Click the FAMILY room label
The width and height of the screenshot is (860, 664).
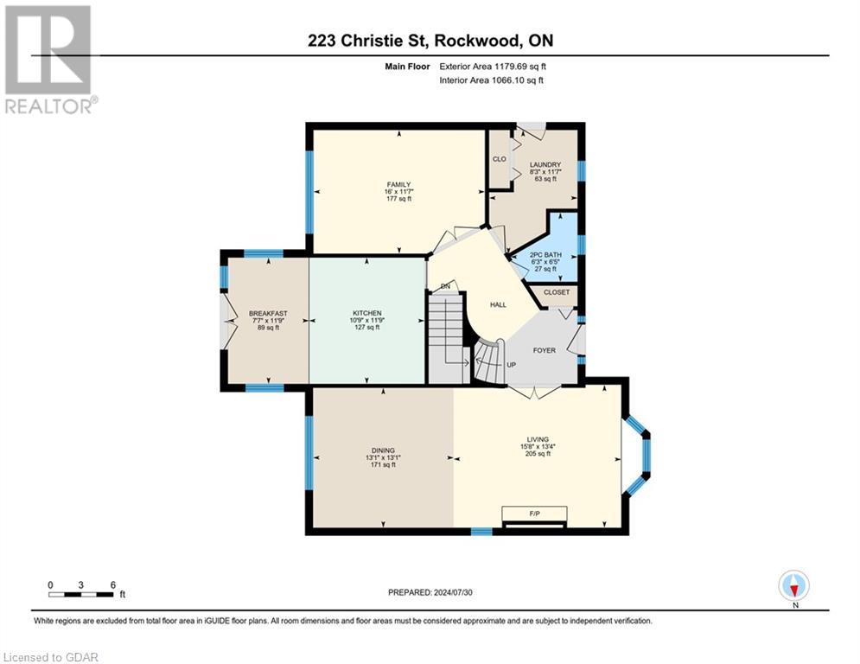point(398,184)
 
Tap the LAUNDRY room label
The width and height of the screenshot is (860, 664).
point(545,165)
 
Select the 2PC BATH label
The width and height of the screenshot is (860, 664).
point(545,255)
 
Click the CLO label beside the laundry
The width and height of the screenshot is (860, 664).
point(499,159)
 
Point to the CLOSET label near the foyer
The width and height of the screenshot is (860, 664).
point(557,293)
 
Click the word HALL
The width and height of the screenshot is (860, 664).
point(499,304)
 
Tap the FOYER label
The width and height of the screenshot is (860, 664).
point(544,350)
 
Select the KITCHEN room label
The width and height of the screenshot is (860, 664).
point(367,313)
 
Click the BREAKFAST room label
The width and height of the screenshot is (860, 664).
point(267,313)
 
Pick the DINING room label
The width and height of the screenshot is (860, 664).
point(383,450)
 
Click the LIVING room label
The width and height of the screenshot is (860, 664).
point(537,439)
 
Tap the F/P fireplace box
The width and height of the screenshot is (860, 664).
point(534,514)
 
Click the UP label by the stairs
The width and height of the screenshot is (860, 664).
point(511,365)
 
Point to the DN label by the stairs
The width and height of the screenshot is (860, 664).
point(445,286)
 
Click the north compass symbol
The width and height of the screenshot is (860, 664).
point(793,585)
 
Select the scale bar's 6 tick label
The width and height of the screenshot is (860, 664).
point(112,584)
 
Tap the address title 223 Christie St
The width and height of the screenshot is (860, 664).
point(430,39)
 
